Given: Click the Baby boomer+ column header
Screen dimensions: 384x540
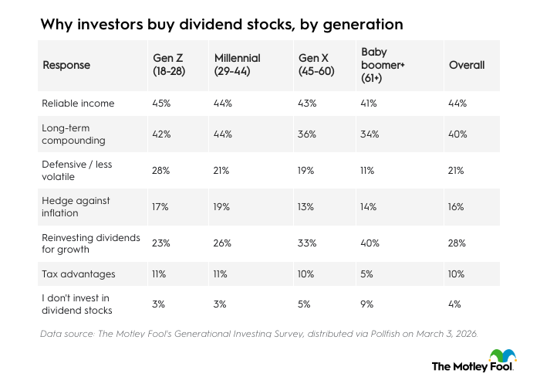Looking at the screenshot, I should click(x=383, y=65).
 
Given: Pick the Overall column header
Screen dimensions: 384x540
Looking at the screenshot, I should click(x=467, y=65).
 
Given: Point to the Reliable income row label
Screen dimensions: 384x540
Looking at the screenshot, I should click(x=78, y=103).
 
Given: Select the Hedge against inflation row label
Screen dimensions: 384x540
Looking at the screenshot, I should click(x=76, y=206).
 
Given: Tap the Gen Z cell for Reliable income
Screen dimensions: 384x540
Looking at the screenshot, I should click(x=161, y=103).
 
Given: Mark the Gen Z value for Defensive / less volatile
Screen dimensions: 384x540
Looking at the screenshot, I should click(x=161, y=172).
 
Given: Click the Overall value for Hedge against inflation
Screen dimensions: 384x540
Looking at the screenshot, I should click(x=457, y=206).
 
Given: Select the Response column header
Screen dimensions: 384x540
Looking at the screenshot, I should click(x=66, y=65).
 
